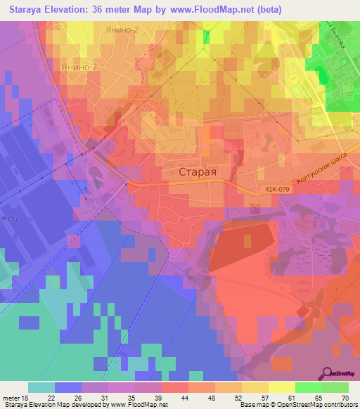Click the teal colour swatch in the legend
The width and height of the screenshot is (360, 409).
(41, 387)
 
